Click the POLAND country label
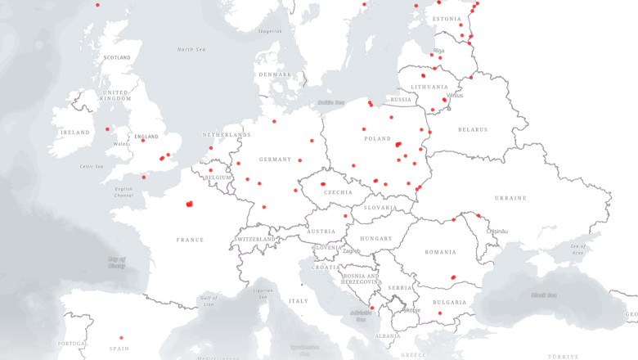click(x=377, y=139)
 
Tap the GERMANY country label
click(x=275, y=159)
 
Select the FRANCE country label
click(x=189, y=240)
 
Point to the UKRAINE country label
click(x=510, y=198)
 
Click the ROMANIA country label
click(x=440, y=251)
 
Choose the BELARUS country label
click(x=473, y=129)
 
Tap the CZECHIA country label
click(x=337, y=192)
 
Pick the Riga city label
click(x=439, y=51)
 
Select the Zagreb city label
click(x=352, y=251)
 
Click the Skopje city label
click(x=412, y=310)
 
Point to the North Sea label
click(x=191, y=49)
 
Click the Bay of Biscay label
click(x=117, y=263)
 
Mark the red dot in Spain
click(x=121, y=337)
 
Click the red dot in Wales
click(x=107, y=128)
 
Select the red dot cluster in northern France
click(x=189, y=204)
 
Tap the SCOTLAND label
click(x=117, y=57)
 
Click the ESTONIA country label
click(x=447, y=19)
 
